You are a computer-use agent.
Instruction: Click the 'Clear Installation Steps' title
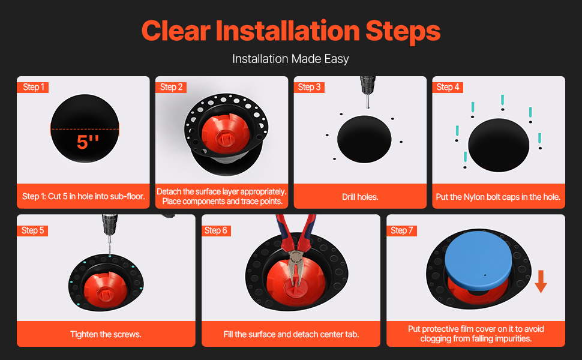point(290,31)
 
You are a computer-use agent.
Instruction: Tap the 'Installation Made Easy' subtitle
point(290,59)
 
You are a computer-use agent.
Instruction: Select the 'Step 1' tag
point(33,87)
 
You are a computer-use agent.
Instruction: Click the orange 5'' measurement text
point(88,142)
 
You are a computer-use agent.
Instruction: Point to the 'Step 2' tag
point(171,87)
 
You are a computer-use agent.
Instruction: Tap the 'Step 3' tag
point(309,87)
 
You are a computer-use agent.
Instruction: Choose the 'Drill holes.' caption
point(360,197)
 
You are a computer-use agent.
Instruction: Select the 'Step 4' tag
point(448,87)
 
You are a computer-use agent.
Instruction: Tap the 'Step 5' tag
point(32,230)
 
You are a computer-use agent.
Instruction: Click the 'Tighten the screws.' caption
point(106,334)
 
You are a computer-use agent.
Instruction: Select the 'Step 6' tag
point(216,230)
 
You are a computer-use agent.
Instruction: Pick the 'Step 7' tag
point(401,230)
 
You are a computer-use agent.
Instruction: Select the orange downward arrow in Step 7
point(541,281)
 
